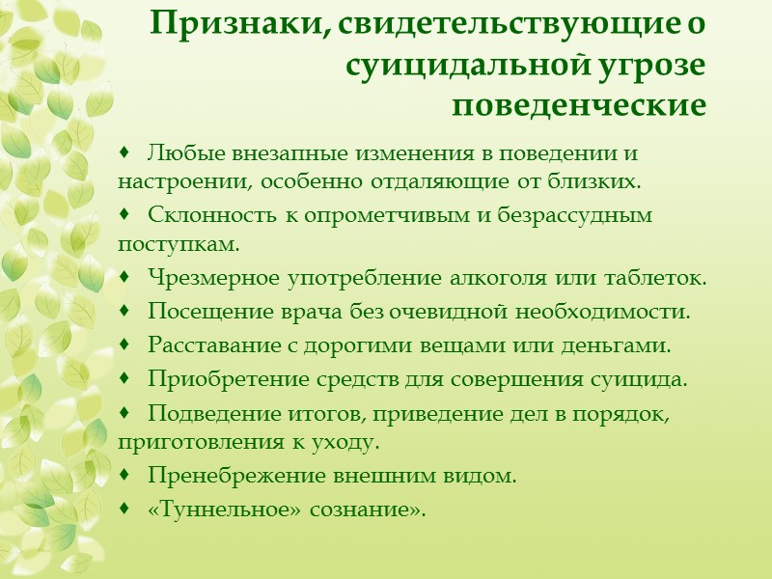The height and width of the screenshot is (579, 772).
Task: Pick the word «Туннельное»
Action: pyautogui.click(x=216, y=509)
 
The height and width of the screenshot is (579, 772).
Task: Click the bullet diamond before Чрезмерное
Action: pyautogui.click(x=127, y=279)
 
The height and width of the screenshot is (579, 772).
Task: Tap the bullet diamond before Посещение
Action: pyautogui.click(x=127, y=312)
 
